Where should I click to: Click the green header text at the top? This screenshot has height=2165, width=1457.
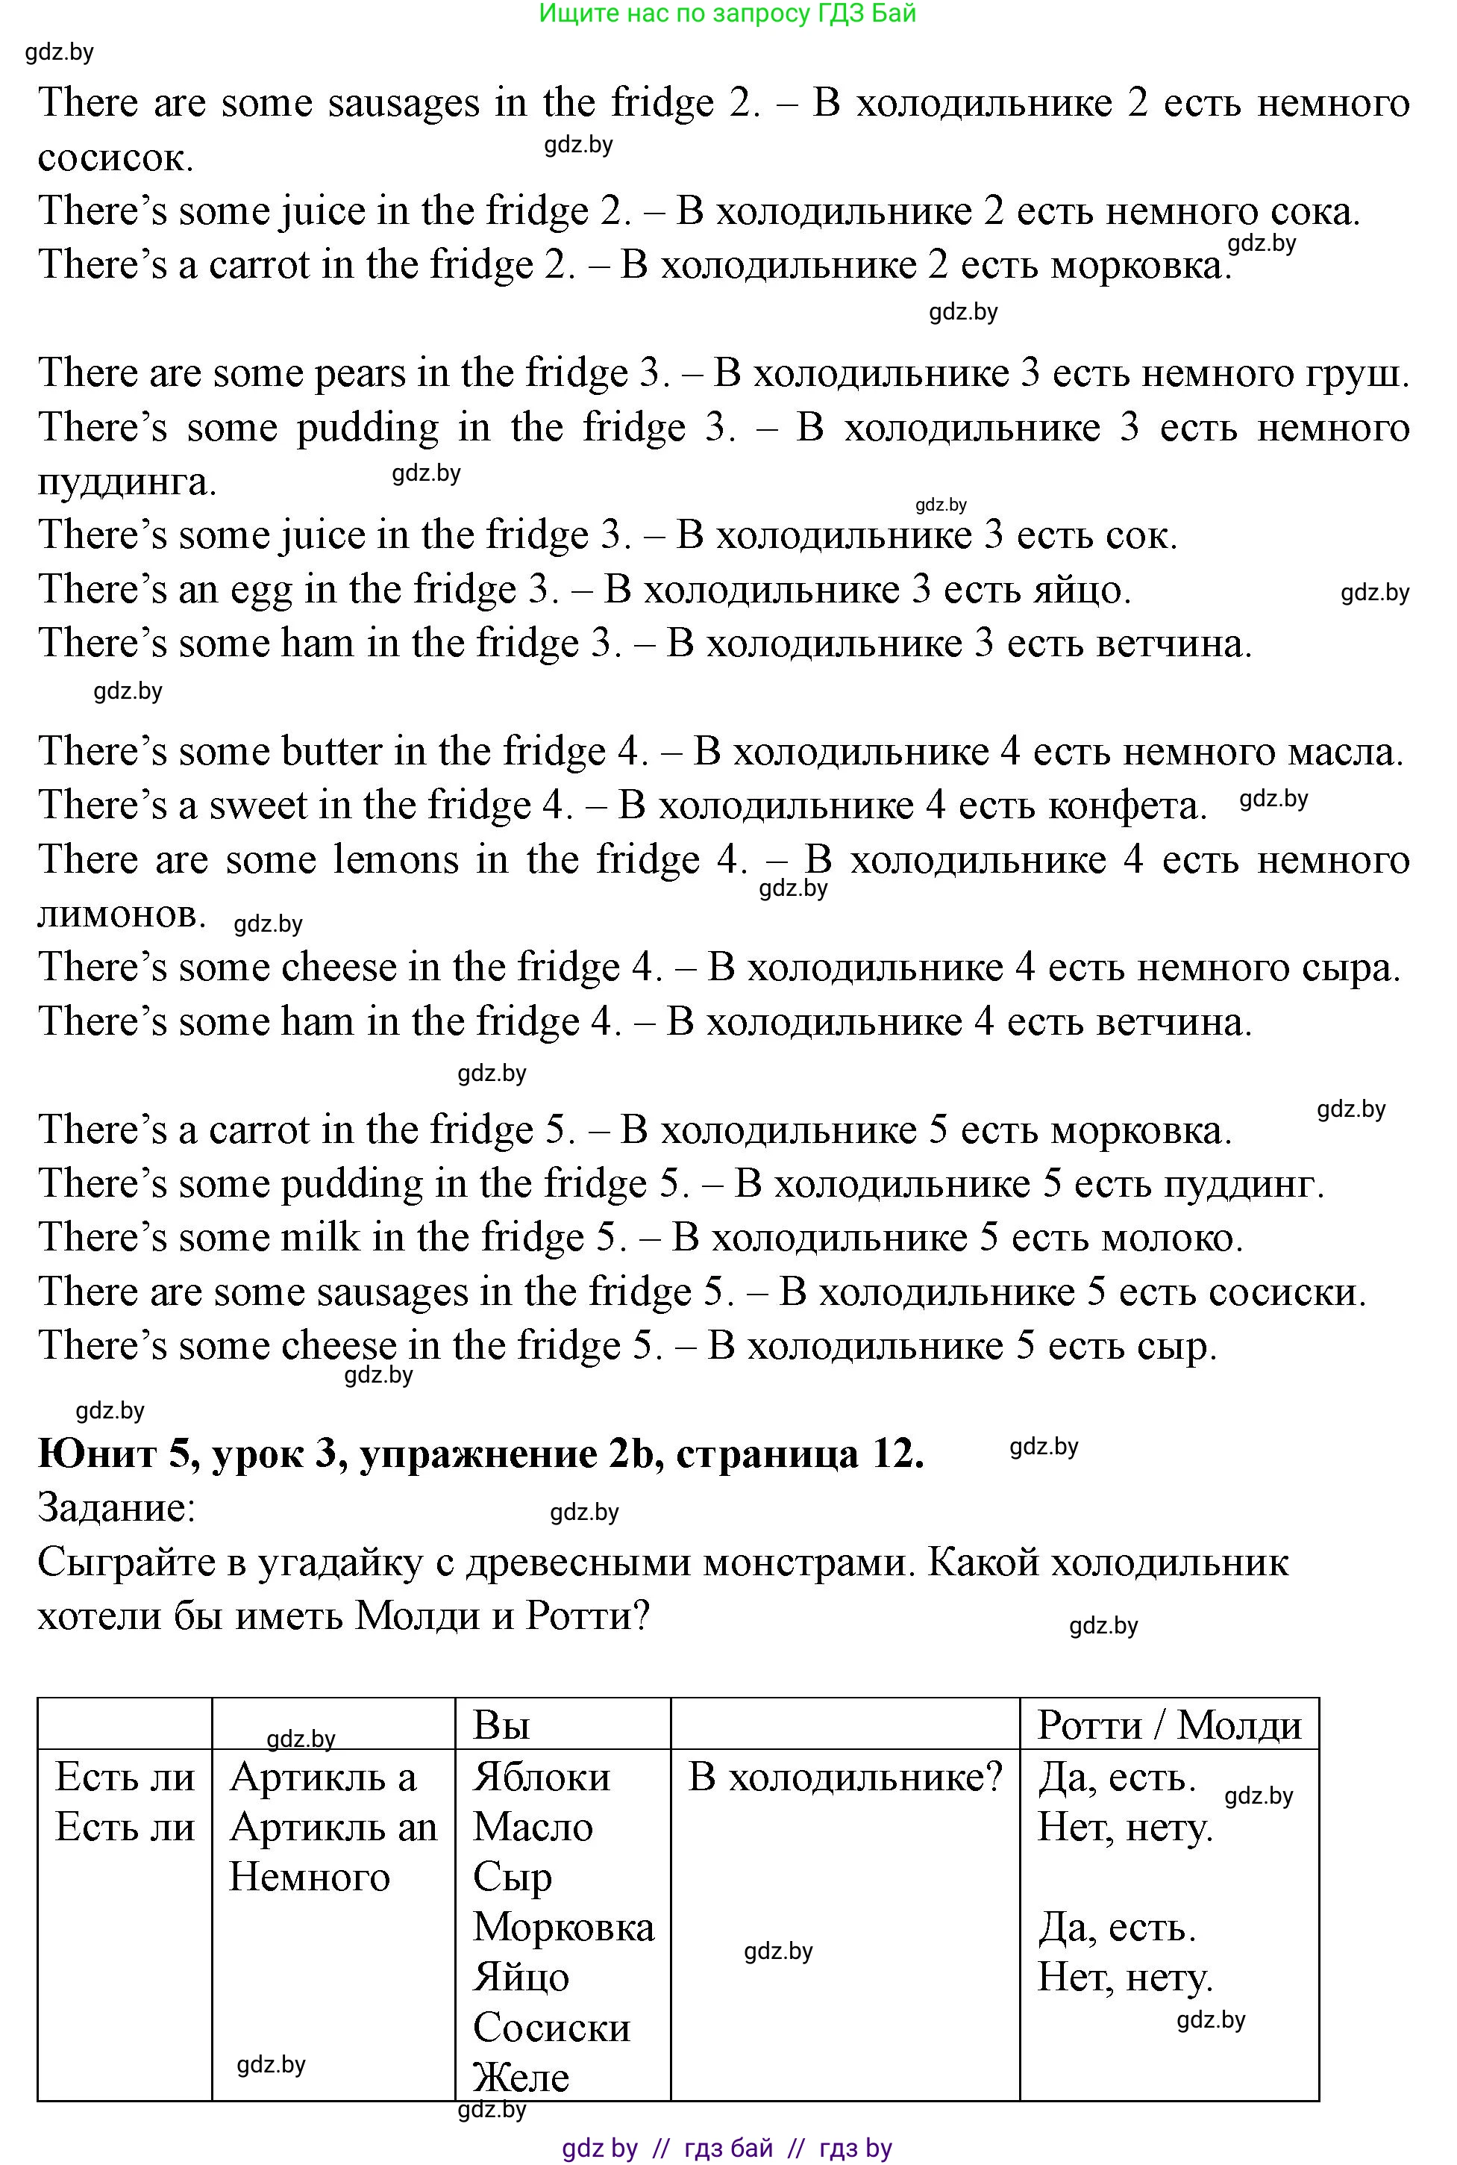pos(727,13)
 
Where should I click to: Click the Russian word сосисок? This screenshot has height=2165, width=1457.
pos(115,158)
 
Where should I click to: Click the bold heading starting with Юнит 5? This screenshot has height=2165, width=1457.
pos(480,1454)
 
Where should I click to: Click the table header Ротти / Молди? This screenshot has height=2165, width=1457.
pos(1169,1725)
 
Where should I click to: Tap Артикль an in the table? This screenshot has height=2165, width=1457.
pos(333,1828)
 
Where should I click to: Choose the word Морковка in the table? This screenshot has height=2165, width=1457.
pos(563,1927)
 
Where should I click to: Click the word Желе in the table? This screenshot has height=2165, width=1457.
pos(521,2078)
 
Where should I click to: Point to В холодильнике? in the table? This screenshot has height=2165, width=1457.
pos(845,1778)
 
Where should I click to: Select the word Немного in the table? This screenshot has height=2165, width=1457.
pos(310,1877)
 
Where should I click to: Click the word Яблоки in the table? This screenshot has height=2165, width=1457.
pos(542,1778)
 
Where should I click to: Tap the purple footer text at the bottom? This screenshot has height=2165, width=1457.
pos(727,2149)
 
